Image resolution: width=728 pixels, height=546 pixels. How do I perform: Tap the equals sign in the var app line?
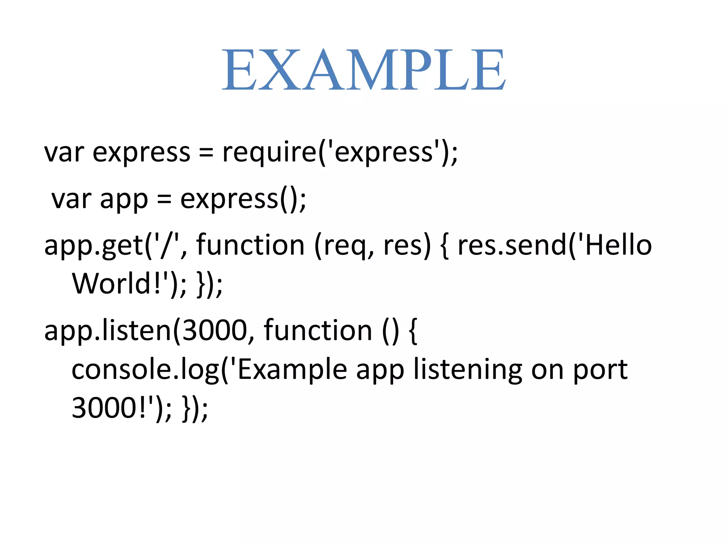(164, 199)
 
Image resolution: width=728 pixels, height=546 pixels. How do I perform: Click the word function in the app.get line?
(250, 245)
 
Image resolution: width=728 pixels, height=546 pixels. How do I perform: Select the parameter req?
(344, 247)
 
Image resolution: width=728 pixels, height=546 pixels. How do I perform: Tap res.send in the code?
(512, 245)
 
